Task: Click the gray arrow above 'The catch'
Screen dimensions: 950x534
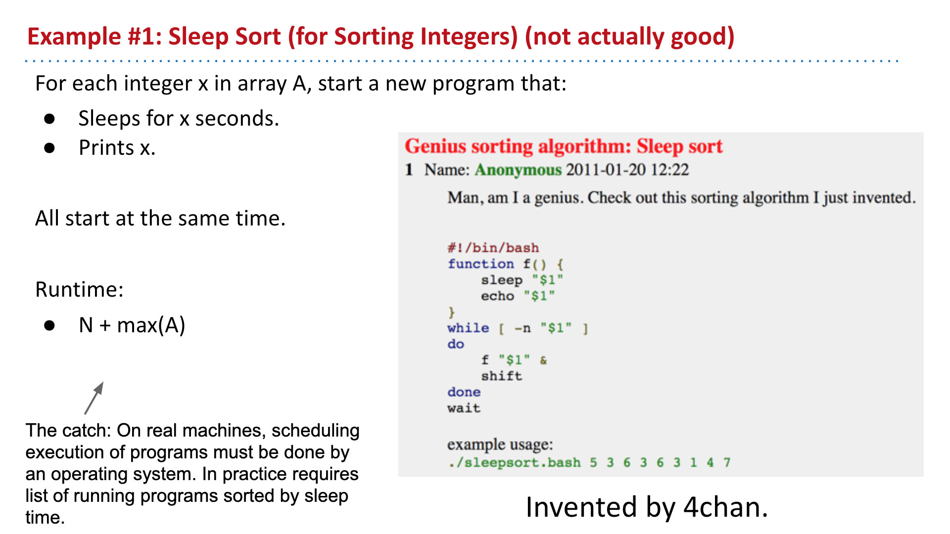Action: pyautogui.click(x=94, y=398)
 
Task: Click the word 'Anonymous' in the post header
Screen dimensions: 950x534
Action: pyautogui.click(x=518, y=170)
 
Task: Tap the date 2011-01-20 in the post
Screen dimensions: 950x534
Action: pyautogui.click(x=606, y=170)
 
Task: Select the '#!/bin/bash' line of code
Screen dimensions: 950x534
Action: pyautogui.click(x=493, y=248)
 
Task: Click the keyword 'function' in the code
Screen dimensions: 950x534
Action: pyautogui.click(x=481, y=264)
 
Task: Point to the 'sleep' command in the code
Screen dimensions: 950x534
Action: pyautogui.click(x=502, y=280)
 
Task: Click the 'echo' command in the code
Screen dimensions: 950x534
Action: pyautogui.click(x=497, y=296)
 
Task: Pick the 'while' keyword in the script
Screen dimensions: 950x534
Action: pyautogui.click(x=468, y=328)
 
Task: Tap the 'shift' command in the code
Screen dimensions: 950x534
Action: pyautogui.click(x=502, y=376)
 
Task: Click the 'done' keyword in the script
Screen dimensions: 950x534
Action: pyautogui.click(x=464, y=392)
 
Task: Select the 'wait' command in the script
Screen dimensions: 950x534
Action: pyautogui.click(x=464, y=408)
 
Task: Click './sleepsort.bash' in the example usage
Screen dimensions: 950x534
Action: pyautogui.click(x=515, y=463)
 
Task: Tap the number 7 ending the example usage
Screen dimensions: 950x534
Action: pyautogui.click(x=727, y=462)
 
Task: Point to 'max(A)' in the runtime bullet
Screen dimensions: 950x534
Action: pyautogui.click(x=151, y=325)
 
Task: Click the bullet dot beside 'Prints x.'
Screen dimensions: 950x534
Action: pyautogui.click(x=49, y=148)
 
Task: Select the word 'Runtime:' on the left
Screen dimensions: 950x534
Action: pyautogui.click(x=79, y=289)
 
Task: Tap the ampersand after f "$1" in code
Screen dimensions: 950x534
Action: pyautogui.click(x=543, y=360)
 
